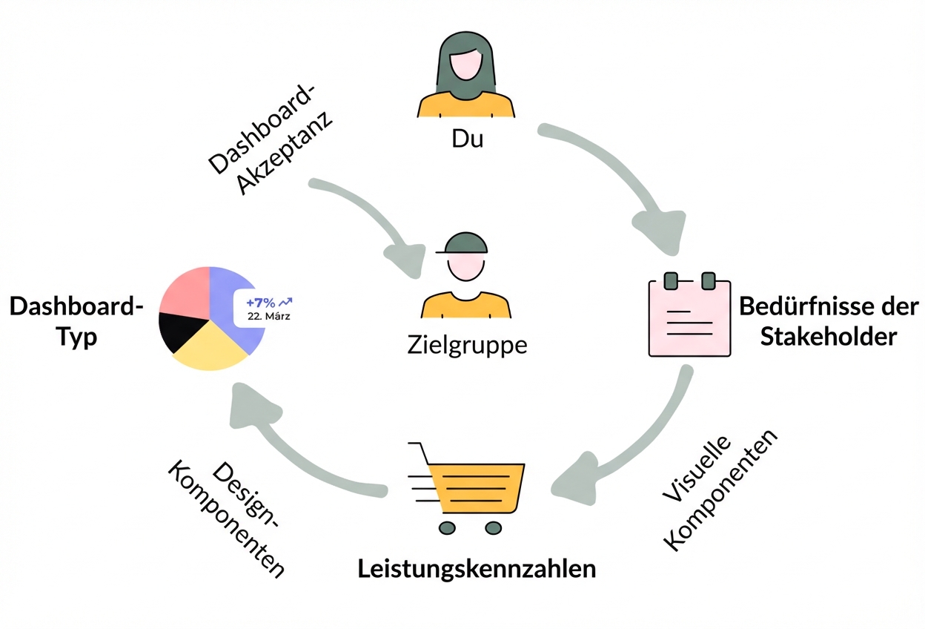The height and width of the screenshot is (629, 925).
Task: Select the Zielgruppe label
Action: coord(467,345)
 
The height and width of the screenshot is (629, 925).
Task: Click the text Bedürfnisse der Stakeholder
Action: coord(828,322)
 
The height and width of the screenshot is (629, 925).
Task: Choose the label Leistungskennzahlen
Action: coord(477,569)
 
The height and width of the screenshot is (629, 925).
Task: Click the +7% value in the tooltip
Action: coord(260,303)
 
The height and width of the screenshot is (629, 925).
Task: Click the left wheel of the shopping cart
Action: coord(445,527)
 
